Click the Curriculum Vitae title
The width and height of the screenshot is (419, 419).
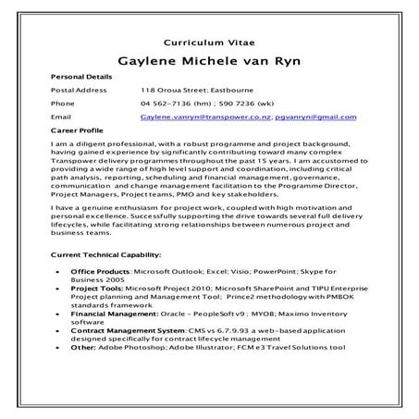point(209,43)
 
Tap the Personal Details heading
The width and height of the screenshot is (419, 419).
point(81,77)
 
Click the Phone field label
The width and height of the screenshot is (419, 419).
point(62,105)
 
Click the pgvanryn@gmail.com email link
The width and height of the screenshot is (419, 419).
point(314,118)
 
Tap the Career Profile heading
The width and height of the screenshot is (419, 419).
point(78,132)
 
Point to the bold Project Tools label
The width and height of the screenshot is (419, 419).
point(97,287)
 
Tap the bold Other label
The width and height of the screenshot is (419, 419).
point(82,347)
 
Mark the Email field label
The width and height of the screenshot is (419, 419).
point(60,118)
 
